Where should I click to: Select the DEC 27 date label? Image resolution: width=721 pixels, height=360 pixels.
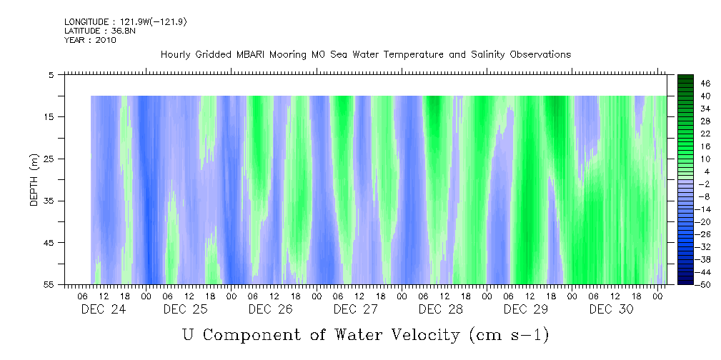(355, 309)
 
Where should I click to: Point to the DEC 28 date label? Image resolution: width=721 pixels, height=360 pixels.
(440, 309)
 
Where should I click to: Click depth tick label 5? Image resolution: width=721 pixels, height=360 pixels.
(51, 74)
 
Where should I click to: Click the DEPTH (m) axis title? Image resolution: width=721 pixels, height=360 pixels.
(34, 179)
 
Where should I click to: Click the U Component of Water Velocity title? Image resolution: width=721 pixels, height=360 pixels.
(364, 334)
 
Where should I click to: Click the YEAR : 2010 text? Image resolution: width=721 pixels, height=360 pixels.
(90, 40)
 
